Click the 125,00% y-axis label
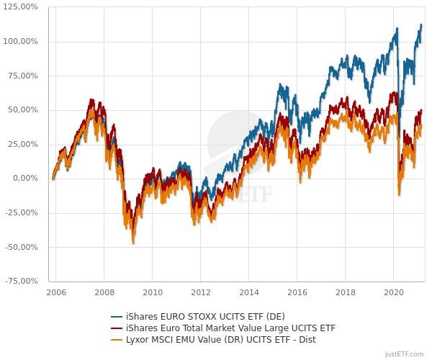(22, 6)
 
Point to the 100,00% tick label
(22, 41)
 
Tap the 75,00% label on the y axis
(24, 76)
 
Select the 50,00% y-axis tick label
(24, 109)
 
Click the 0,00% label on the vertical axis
(26, 179)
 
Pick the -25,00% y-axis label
(22, 212)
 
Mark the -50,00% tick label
(22, 247)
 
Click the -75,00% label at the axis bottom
(22, 281)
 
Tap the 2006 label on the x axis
(56, 293)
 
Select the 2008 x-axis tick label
(104, 293)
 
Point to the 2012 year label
(200, 293)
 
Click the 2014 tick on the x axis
(248, 293)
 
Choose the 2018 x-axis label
(345, 293)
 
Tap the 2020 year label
(393, 293)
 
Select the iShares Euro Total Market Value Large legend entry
(230, 328)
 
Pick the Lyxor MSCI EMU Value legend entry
(220, 339)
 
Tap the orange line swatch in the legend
(117, 340)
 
